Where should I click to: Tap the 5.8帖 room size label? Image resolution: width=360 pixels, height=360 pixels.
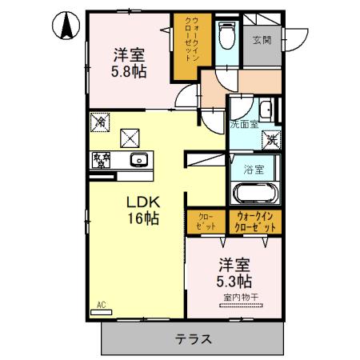[128, 71]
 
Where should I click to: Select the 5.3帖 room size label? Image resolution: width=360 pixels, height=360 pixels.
[234, 281]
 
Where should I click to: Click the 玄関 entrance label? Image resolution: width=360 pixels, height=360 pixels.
[262, 39]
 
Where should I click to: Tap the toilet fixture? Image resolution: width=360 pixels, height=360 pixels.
[226, 36]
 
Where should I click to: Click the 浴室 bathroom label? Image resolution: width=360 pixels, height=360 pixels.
[254, 169]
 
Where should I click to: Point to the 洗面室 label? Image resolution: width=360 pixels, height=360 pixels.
[244, 124]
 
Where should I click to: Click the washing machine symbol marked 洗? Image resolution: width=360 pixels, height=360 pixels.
[273, 138]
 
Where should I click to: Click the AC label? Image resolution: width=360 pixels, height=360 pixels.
[102, 304]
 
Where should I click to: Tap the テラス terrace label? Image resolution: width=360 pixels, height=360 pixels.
[194, 338]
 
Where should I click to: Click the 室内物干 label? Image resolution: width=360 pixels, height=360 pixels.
[240, 299]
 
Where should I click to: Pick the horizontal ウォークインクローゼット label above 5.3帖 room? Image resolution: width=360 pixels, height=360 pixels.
[255, 221]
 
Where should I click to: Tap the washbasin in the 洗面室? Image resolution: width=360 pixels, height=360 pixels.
[266, 111]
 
